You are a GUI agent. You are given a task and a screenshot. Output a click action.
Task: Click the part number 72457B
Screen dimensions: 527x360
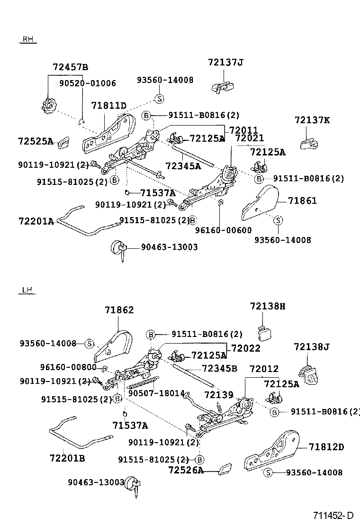point(71,67)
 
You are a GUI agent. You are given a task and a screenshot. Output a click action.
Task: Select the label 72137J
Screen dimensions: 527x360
point(225,62)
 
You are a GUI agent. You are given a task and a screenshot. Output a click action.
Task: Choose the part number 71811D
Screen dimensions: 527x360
point(108,105)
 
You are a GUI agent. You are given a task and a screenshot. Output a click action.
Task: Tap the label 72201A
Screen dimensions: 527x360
point(36,221)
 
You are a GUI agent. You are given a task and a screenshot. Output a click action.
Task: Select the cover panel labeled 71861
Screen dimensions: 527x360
point(260,204)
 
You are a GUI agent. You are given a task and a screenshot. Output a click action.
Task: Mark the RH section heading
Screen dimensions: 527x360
point(27,40)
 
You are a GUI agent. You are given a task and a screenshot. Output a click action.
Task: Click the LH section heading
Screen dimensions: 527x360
point(27,290)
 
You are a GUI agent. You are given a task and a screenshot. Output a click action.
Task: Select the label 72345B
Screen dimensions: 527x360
point(219,368)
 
